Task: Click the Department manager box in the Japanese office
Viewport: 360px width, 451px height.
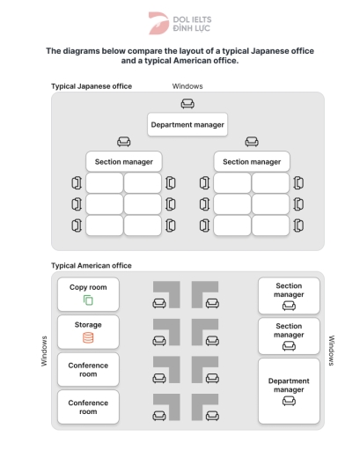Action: point(187,124)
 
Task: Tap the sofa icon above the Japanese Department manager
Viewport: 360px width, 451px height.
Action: point(187,104)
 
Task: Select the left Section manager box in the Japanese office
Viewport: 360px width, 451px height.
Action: point(123,161)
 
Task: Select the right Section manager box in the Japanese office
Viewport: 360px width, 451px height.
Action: point(252,161)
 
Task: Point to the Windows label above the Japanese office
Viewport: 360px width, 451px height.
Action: point(187,86)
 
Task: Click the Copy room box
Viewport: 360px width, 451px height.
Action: point(88,294)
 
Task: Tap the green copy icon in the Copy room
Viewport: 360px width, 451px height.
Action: point(88,301)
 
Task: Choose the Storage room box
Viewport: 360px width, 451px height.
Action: point(88,332)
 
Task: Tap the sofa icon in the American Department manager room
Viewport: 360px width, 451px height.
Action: point(288,402)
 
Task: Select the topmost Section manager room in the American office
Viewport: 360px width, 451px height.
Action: point(288,295)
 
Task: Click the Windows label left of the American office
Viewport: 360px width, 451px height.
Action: point(44,350)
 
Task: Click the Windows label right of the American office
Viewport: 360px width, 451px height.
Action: point(332,350)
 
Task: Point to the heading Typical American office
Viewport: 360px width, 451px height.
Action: point(91,265)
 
